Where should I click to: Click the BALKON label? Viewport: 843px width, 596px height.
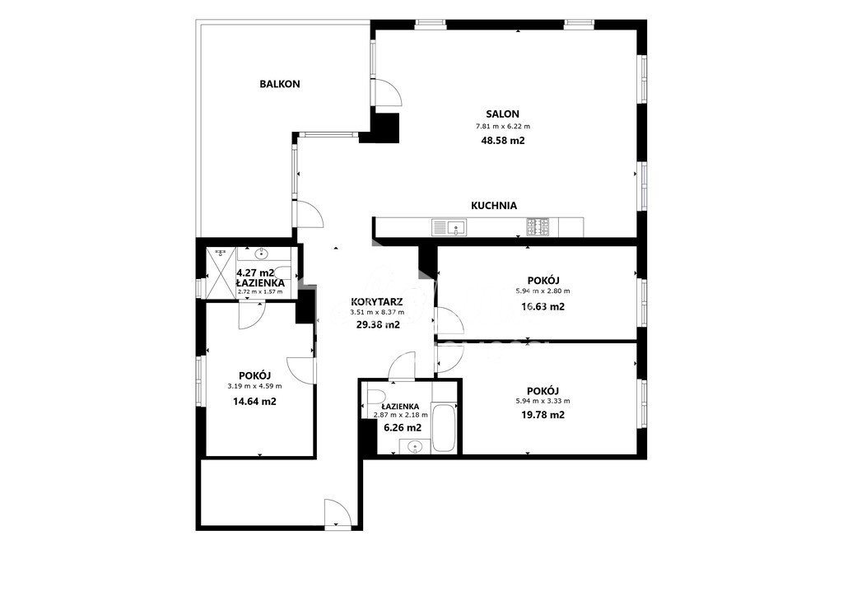[280, 84]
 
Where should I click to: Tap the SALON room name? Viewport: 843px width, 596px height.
[502, 114]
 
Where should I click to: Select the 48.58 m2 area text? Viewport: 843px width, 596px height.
[502, 141]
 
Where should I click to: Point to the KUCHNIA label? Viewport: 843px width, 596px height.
[494, 206]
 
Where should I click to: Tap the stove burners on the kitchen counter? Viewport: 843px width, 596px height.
[538, 226]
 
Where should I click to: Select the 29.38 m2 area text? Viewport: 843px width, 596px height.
[378, 324]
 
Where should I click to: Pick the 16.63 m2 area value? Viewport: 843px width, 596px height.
[543, 307]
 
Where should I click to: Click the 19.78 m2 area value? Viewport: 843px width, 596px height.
[543, 415]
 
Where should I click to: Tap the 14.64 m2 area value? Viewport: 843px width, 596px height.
[254, 402]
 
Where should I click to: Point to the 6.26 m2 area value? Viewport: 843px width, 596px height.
[402, 428]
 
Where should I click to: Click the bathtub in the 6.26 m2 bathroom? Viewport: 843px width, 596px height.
[444, 427]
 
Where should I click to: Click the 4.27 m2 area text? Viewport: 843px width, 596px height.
[256, 272]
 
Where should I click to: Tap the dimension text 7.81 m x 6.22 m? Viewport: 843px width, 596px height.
[502, 127]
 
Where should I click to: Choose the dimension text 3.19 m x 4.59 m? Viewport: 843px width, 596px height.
[254, 386]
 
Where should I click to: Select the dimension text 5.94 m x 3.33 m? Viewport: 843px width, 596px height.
[543, 401]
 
